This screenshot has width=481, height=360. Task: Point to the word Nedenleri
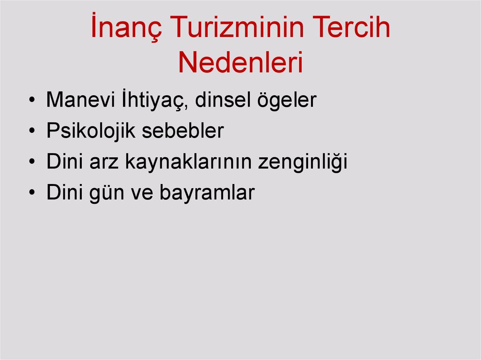coord(240,63)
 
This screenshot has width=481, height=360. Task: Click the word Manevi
coord(80,100)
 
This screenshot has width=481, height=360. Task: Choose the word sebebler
coord(183,131)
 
